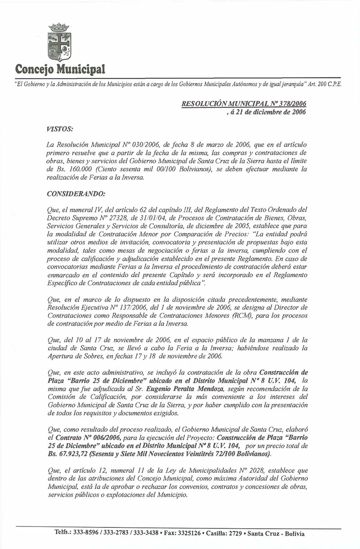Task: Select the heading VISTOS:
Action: (59, 129)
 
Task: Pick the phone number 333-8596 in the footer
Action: (87, 533)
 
